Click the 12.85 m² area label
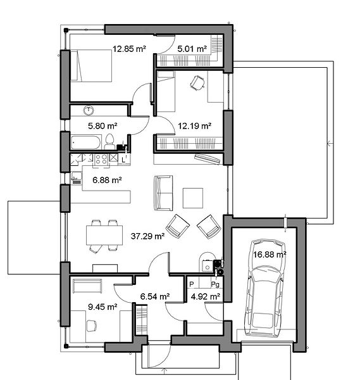(x=129, y=49)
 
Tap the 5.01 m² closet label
(x=192, y=49)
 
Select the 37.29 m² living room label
(x=147, y=236)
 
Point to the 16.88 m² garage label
(x=270, y=255)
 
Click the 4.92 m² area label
(x=206, y=296)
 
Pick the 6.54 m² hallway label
(x=155, y=296)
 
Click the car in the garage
(x=264, y=288)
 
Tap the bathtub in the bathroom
(x=85, y=142)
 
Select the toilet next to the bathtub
(x=109, y=142)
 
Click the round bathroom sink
(x=89, y=110)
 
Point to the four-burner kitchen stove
(x=101, y=160)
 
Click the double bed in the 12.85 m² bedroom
(x=91, y=66)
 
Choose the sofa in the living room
(x=163, y=193)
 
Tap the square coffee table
(x=193, y=198)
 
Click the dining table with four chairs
(x=104, y=235)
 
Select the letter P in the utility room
(x=192, y=284)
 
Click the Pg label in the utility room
(x=215, y=284)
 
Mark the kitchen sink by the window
(x=77, y=178)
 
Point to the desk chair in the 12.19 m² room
(x=197, y=82)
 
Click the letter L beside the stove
(x=124, y=160)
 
